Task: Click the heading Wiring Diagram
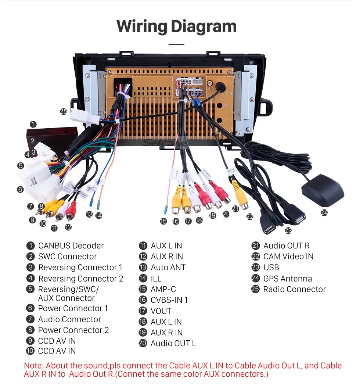(176, 26)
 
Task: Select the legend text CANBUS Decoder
(71, 246)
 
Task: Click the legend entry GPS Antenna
(287, 279)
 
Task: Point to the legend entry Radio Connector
(294, 289)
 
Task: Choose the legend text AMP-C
(163, 289)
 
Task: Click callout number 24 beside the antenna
(324, 212)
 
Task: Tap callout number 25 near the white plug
(64, 111)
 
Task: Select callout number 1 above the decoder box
(33, 124)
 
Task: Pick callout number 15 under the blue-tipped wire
(163, 221)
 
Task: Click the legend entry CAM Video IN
(288, 257)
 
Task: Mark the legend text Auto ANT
(168, 268)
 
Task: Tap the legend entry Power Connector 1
(73, 308)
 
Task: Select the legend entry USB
(271, 268)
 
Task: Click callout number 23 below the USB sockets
(288, 230)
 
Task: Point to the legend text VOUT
(161, 311)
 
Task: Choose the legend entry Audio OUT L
(173, 343)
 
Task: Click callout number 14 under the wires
(98, 216)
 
